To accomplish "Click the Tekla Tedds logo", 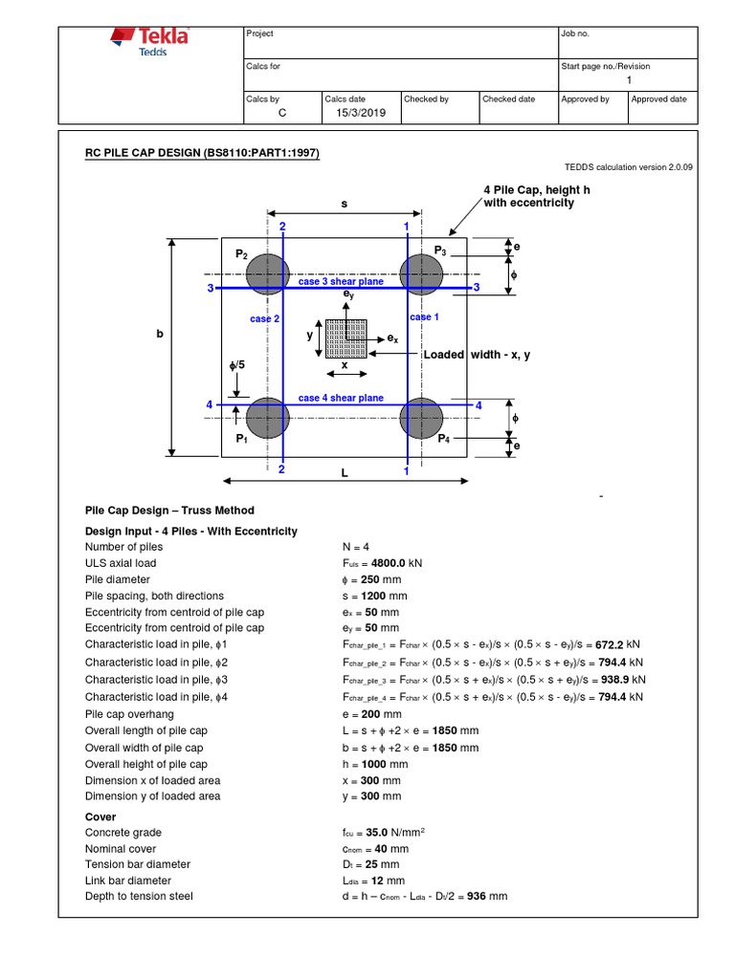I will (x=151, y=43).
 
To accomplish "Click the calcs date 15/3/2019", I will (x=358, y=114).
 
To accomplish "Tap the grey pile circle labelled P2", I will (x=268, y=274).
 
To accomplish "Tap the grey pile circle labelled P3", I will (x=421, y=274).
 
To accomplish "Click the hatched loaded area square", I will (x=346, y=337).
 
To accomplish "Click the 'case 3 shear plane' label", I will (x=341, y=282).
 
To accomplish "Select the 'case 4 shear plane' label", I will (x=341, y=398).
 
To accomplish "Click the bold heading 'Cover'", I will (x=100, y=816).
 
